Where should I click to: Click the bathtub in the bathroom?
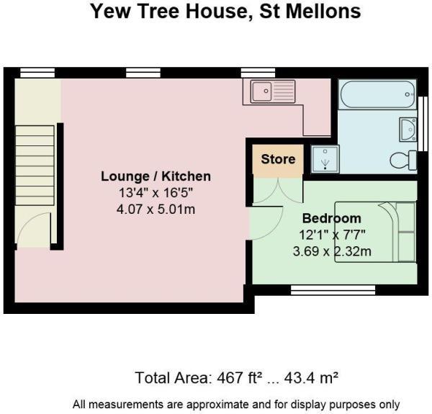[377, 94]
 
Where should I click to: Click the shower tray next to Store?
[324, 159]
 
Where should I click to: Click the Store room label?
[278, 159]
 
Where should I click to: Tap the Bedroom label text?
[331, 218]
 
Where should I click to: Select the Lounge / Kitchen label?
[156, 176]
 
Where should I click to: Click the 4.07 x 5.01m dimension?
[156, 210]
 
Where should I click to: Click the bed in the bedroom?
[385, 232]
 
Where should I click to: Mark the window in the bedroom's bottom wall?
[333, 289]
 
